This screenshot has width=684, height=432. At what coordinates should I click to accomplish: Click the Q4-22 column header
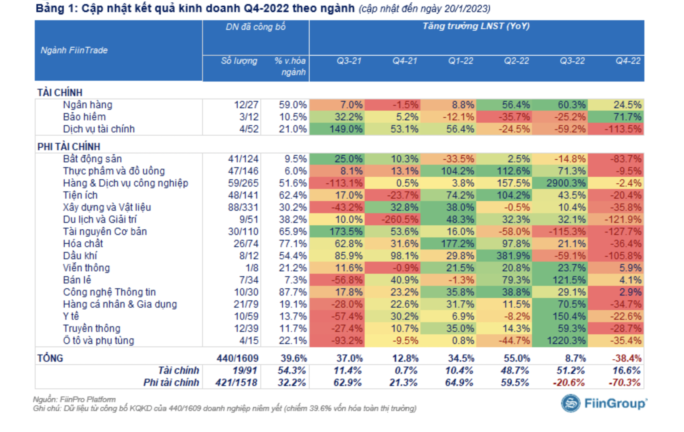coord(628,61)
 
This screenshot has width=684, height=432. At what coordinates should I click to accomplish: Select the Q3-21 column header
coord(349,61)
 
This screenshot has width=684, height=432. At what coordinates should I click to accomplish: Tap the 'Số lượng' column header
coord(239,61)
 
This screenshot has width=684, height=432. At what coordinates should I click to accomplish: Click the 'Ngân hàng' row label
coord(88,105)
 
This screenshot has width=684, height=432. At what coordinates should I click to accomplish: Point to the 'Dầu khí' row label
coord(80,256)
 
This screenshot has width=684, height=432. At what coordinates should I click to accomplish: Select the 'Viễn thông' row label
coord(87,268)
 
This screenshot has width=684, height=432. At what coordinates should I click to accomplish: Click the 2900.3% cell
coord(566,183)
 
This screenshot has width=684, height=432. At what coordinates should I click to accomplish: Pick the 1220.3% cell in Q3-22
coord(566,341)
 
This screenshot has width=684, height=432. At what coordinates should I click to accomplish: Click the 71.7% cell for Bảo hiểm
coord(627,117)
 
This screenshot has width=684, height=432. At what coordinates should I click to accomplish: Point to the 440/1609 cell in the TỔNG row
coord(237,359)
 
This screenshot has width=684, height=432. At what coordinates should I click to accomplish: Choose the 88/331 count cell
coord(243,208)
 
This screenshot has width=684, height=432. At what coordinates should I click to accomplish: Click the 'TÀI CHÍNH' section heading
coord(60,93)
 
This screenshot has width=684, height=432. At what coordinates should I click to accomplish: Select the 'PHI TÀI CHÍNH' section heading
coord(69,147)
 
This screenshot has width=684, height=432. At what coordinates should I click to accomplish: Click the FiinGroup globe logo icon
coord(570,403)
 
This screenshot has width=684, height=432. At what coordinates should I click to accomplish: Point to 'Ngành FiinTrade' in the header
coord(74,50)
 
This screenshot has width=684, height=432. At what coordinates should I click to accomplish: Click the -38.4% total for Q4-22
coord(626,359)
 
